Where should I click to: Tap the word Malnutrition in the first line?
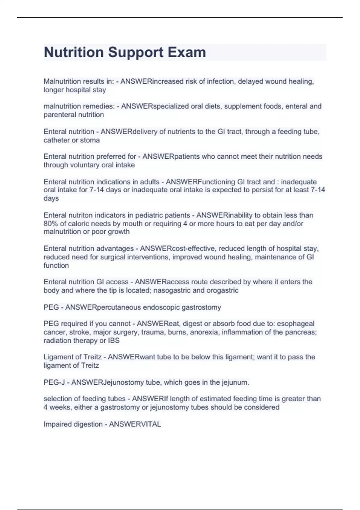click(62, 81)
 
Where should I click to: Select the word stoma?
click(90, 140)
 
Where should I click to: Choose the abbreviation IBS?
click(114, 340)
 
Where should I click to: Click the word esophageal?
click(295, 324)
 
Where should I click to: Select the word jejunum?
click(235, 382)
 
